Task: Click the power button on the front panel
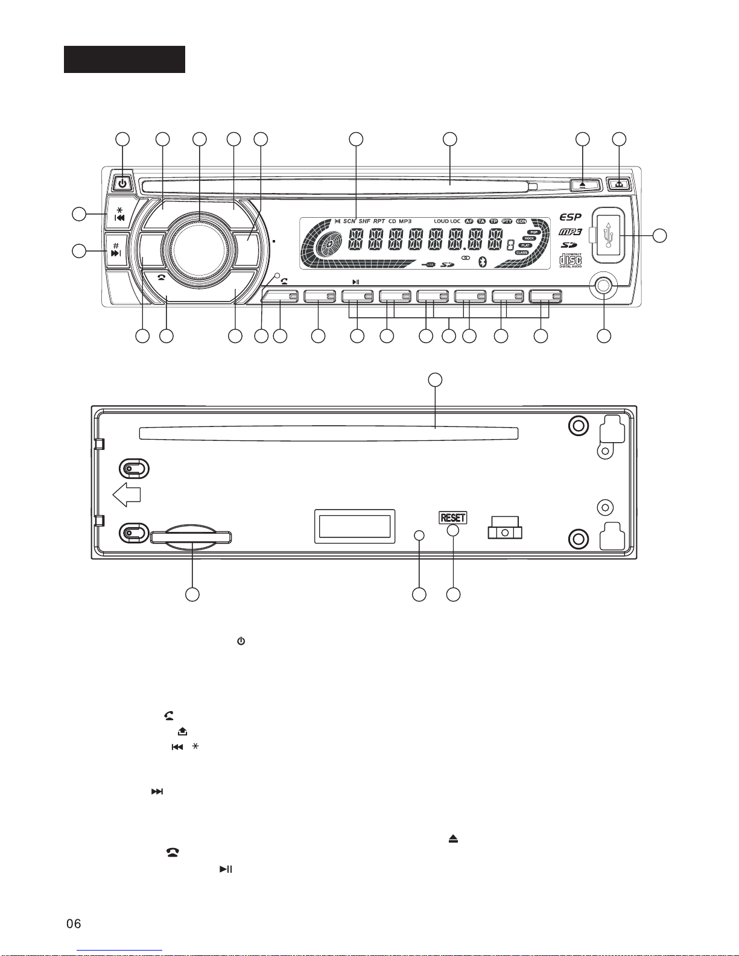click(x=122, y=183)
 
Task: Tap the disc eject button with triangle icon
click(x=582, y=183)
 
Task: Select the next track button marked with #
click(x=116, y=250)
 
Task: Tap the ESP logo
click(x=570, y=217)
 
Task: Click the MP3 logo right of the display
click(x=570, y=232)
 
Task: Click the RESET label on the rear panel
click(x=453, y=518)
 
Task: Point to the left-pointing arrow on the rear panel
click(x=127, y=495)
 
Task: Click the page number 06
click(x=73, y=923)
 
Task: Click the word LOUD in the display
click(x=441, y=221)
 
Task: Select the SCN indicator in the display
click(x=349, y=221)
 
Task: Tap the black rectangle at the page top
click(x=124, y=59)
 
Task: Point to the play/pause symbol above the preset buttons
click(x=356, y=281)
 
